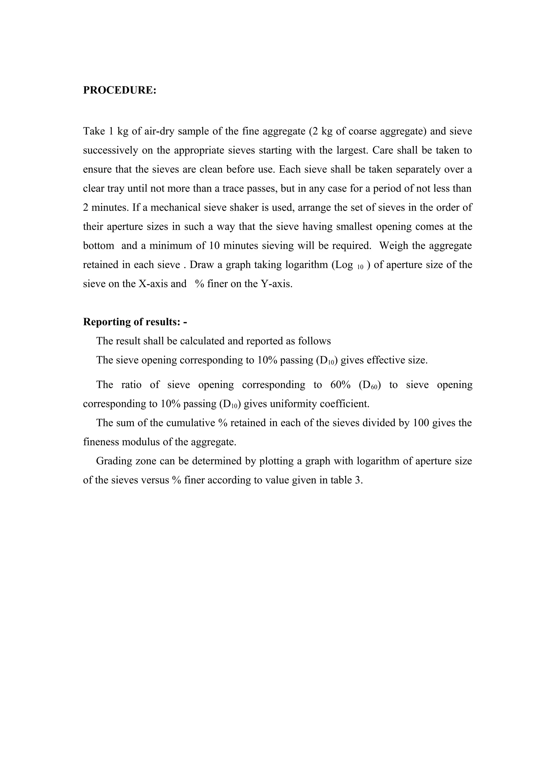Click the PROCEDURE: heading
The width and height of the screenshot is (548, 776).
120,90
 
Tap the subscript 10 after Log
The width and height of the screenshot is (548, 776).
360,267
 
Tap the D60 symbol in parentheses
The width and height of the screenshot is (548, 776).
370,385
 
